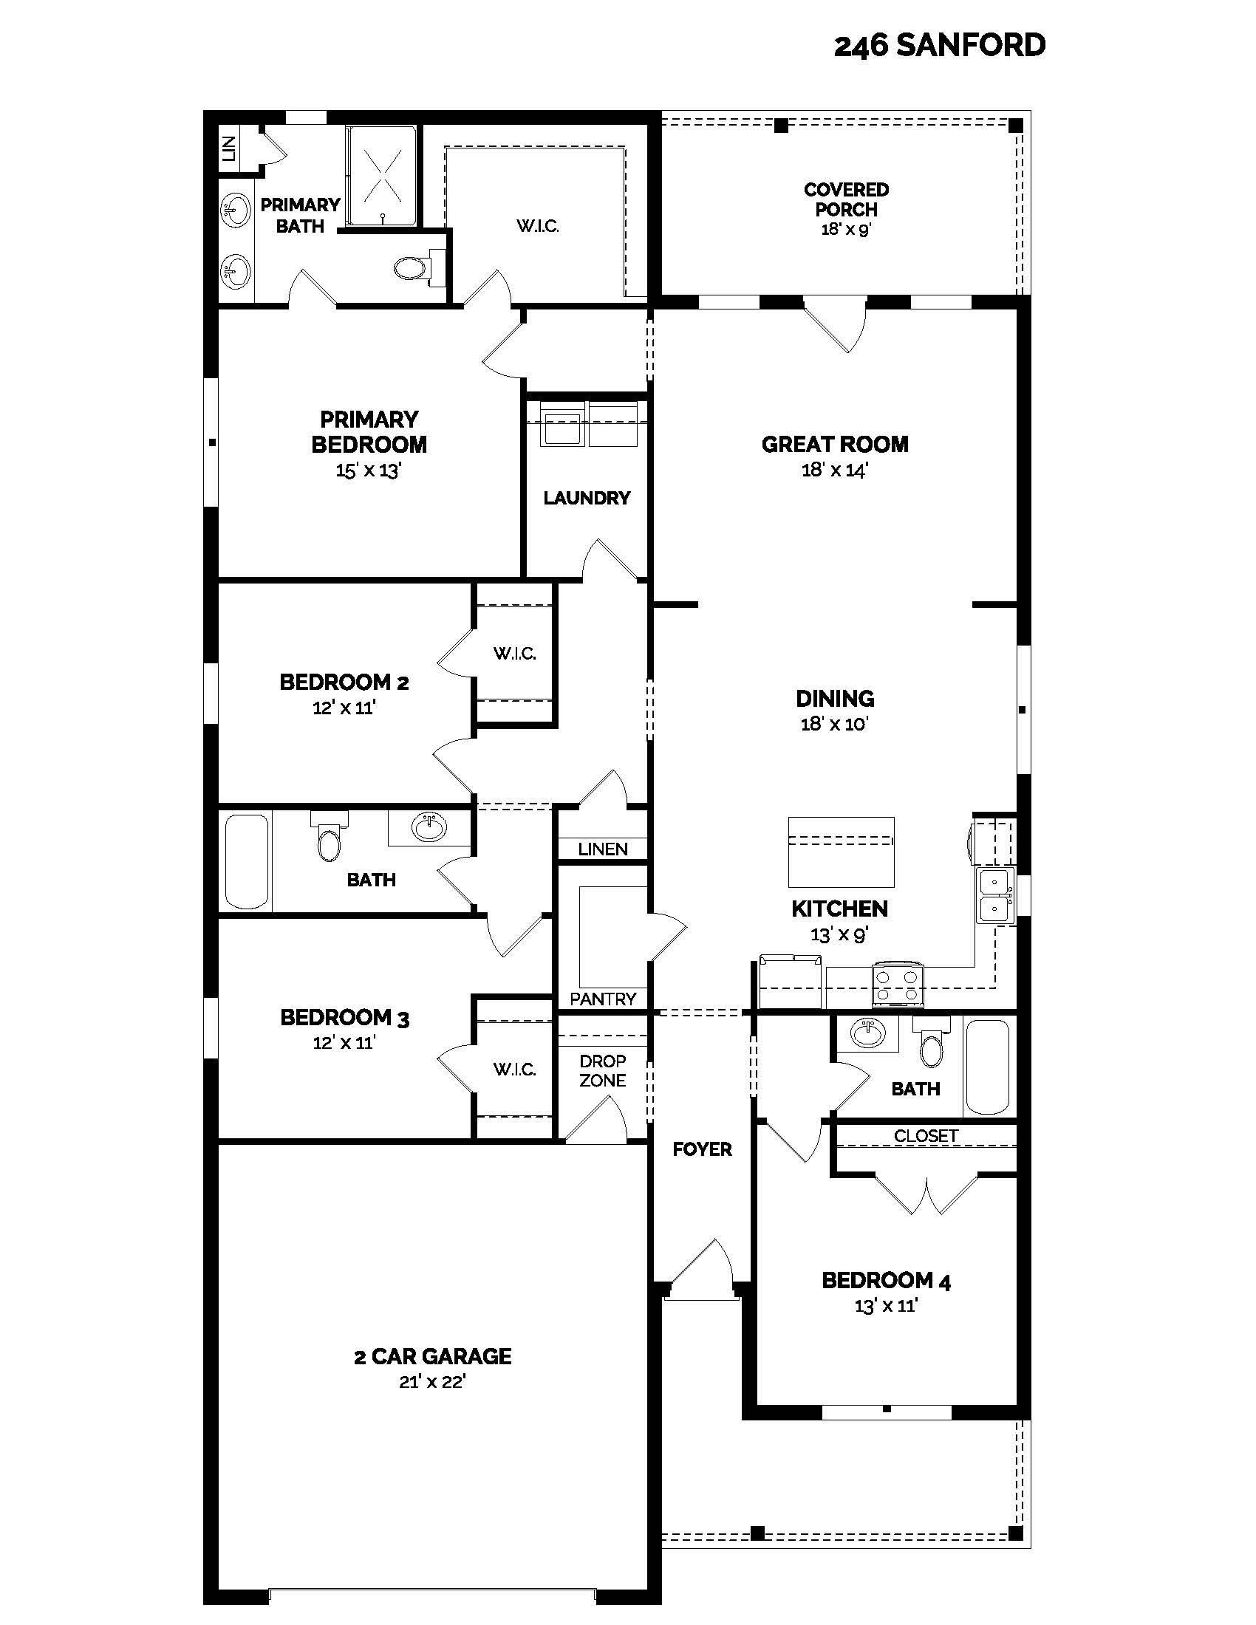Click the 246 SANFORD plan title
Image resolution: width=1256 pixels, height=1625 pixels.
[939, 46]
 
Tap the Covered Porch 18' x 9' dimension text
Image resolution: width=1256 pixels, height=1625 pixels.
[846, 230]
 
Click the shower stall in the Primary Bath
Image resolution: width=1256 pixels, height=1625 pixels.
[383, 177]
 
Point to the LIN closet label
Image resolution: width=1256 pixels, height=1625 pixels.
[229, 149]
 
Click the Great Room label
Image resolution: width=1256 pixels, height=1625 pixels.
[835, 444]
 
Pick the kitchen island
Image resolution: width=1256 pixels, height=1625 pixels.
[841, 852]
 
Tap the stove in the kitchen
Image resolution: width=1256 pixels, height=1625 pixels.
[898, 984]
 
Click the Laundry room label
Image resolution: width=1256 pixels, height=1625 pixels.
[587, 498]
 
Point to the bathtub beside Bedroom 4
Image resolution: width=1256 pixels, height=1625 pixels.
[987, 1066]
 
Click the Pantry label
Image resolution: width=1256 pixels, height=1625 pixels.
[603, 999]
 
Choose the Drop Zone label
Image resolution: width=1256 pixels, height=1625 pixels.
[602, 1071]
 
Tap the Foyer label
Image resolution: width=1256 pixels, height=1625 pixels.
[702, 1149]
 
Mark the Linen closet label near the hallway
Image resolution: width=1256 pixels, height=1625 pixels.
[603, 849]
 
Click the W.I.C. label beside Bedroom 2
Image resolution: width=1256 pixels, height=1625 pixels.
[514, 653]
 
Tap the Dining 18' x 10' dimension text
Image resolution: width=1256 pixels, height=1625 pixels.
[835, 724]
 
